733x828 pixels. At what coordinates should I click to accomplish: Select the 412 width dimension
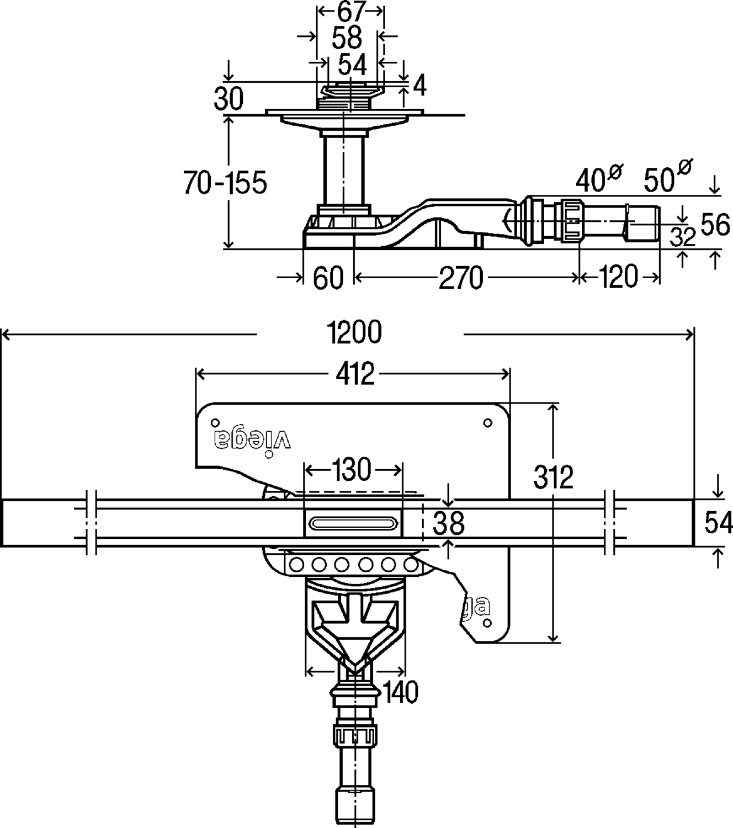[354, 375]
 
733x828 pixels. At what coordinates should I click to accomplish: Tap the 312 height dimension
[554, 477]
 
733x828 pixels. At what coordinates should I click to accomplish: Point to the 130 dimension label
[353, 470]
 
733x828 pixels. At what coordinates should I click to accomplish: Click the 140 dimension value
[400, 692]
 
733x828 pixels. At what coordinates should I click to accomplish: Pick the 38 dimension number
[448, 523]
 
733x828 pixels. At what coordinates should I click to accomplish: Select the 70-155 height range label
[225, 182]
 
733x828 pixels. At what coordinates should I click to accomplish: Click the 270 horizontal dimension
[460, 278]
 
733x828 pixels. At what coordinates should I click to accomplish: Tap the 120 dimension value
[617, 277]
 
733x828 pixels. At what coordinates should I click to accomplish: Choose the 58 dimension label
[348, 38]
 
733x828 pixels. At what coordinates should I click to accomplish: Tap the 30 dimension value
[229, 99]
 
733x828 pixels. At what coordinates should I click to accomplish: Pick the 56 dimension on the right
[715, 225]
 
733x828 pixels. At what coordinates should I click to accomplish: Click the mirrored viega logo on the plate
[252, 439]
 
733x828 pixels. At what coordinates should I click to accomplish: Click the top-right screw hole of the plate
[487, 423]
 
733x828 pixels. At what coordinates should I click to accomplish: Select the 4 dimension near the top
[419, 86]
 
